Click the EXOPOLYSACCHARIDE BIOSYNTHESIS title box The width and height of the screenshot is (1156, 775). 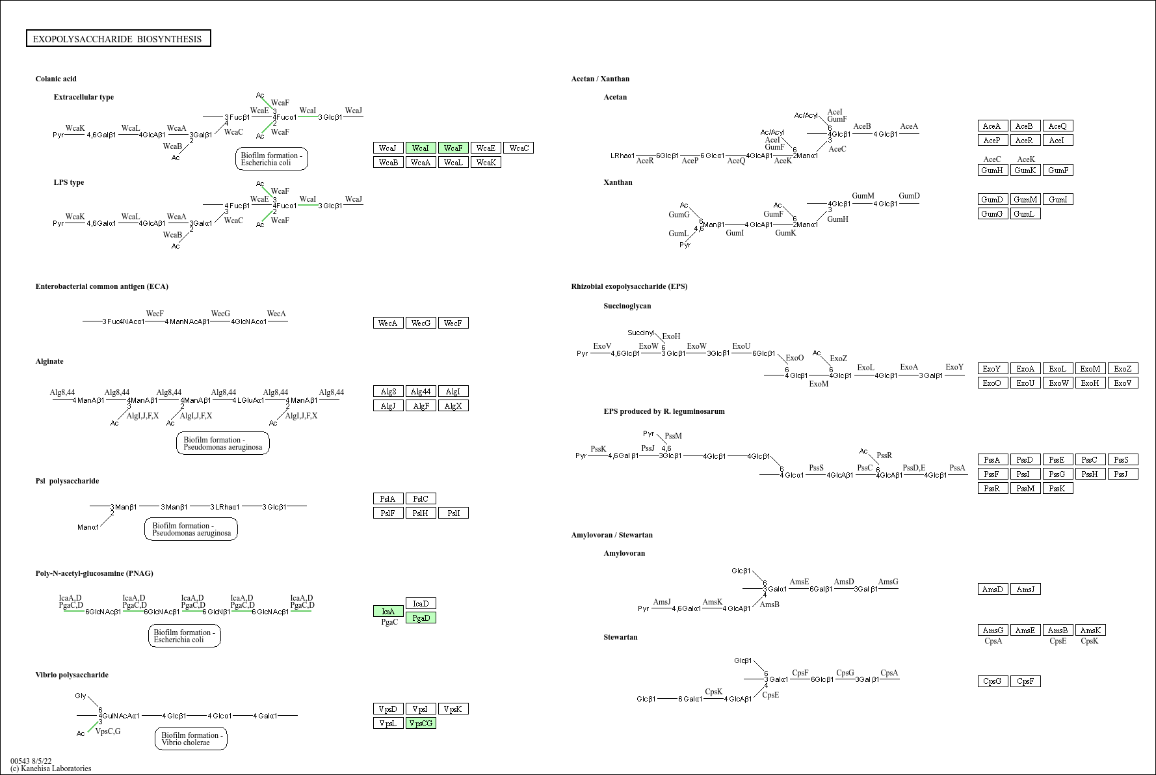click(x=118, y=39)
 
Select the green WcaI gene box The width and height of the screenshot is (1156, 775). click(x=421, y=148)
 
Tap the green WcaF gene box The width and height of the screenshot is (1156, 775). click(x=453, y=148)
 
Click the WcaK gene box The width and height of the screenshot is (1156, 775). click(x=486, y=162)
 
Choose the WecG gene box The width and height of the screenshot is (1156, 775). click(x=421, y=323)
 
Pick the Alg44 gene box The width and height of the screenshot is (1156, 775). click(x=421, y=391)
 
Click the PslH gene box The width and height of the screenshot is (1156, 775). click(x=421, y=513)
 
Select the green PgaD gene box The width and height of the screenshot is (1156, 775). click(x=421, y=618)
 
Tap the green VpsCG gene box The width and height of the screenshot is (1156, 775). click(x=421, y=723)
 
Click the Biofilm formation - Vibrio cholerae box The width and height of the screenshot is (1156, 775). click(x=191, y=739)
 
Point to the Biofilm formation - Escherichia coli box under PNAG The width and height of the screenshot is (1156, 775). click(x=185, y=636)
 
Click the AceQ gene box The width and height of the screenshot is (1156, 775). click(x=1058, y=126)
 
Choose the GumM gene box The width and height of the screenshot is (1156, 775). click(x=1025, y=199)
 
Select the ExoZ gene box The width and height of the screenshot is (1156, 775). click(x=1123, y=368)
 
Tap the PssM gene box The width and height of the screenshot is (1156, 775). click(x=1025, y=488)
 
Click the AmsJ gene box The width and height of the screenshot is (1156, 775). click(x=1025, y=589)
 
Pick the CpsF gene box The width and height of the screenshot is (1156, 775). click(x=1025, y=681)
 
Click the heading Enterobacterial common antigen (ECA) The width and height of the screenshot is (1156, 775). click(x=102, y=286)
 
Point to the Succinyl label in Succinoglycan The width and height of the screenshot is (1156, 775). click(x=640, y=333)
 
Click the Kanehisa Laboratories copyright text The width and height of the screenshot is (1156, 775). click(x=51, y=768)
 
